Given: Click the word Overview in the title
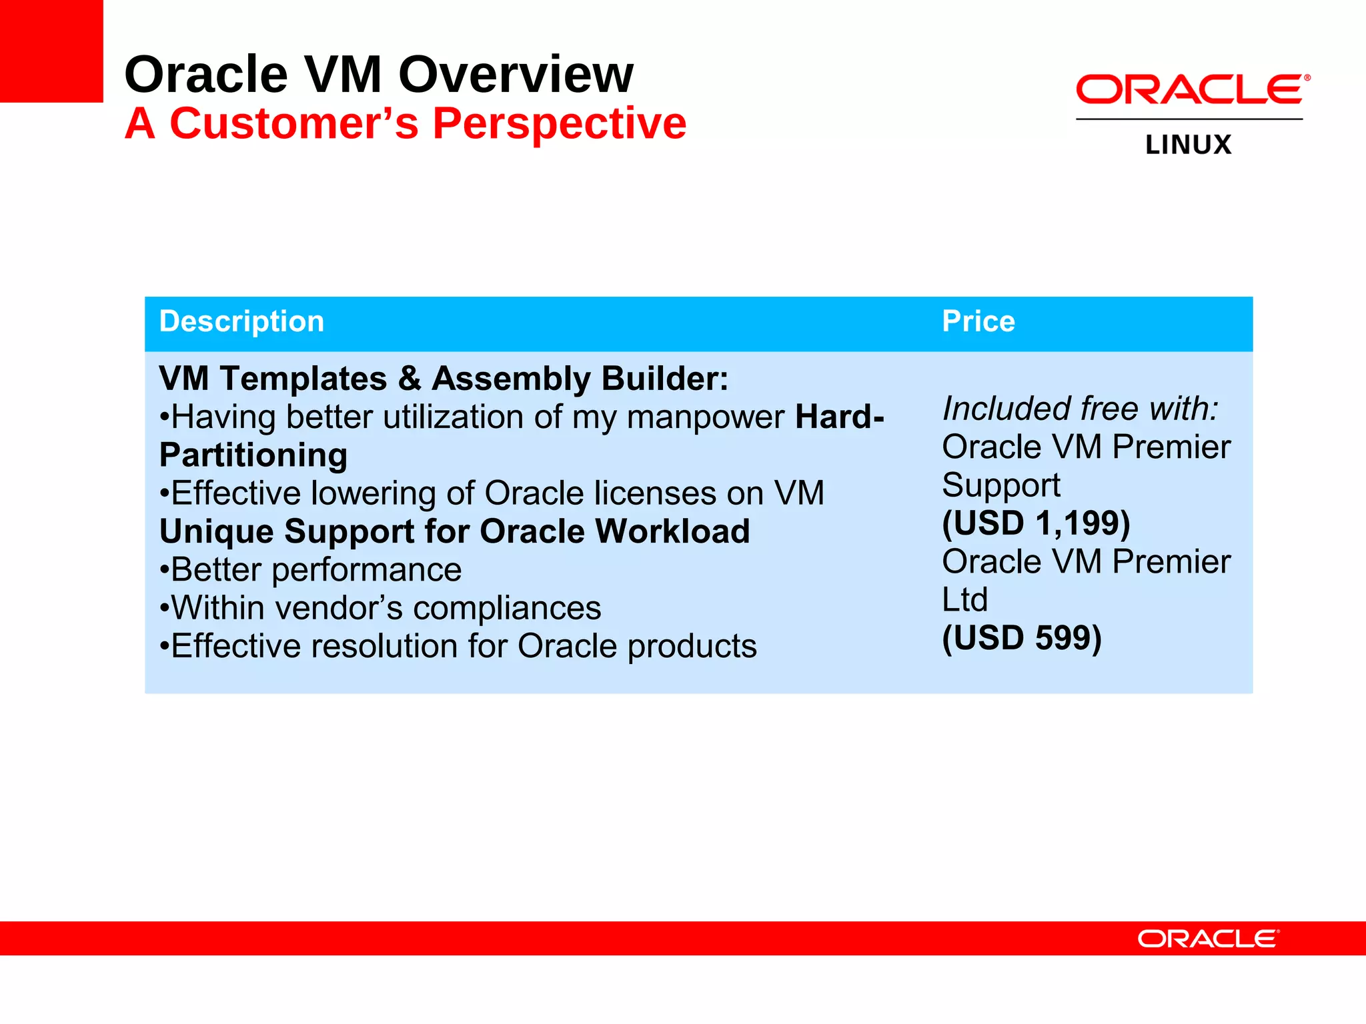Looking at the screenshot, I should (x=515, y=75).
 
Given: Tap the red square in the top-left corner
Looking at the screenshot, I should (x=51, y=51).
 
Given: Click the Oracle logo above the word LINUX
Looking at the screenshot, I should (x=1191, y=89).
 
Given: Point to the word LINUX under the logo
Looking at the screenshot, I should (x=1188, y=145).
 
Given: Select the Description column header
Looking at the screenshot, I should (x=241, y=322).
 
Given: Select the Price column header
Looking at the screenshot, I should (x=978, y=322).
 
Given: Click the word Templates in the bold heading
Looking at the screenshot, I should (x=303, y=379).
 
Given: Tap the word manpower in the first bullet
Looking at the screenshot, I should (x=705, y=418).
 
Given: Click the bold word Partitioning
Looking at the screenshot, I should (x=253, y=456).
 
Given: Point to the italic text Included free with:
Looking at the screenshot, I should (x=1080, y=409).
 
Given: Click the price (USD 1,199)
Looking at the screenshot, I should (x=1036, y=523).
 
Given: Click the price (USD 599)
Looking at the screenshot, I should (x=1021, y=638).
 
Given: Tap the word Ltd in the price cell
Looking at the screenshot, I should (x=964, y=600).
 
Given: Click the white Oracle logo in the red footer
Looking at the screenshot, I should (x=1208, y=939).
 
